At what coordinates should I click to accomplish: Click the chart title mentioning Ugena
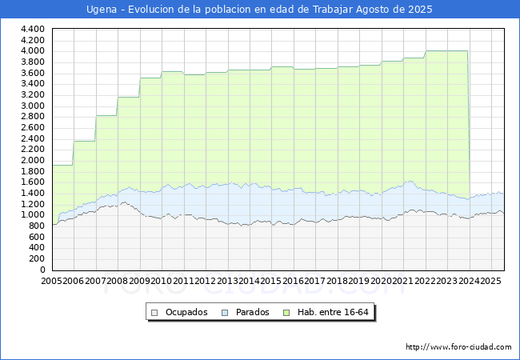[259, 10]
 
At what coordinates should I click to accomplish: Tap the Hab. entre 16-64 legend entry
[335, 312]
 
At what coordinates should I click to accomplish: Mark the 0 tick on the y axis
[41, 270]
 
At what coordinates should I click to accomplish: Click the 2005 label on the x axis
[52, 282]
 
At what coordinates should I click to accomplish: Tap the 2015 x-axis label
[270, 282]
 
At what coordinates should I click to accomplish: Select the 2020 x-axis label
[380, 282]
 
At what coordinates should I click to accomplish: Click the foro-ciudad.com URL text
[458, 347]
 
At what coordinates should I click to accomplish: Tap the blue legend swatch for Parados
[225, 312]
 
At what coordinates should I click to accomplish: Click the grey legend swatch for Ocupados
[155, 312]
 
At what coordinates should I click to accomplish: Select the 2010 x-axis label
[162, 282]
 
